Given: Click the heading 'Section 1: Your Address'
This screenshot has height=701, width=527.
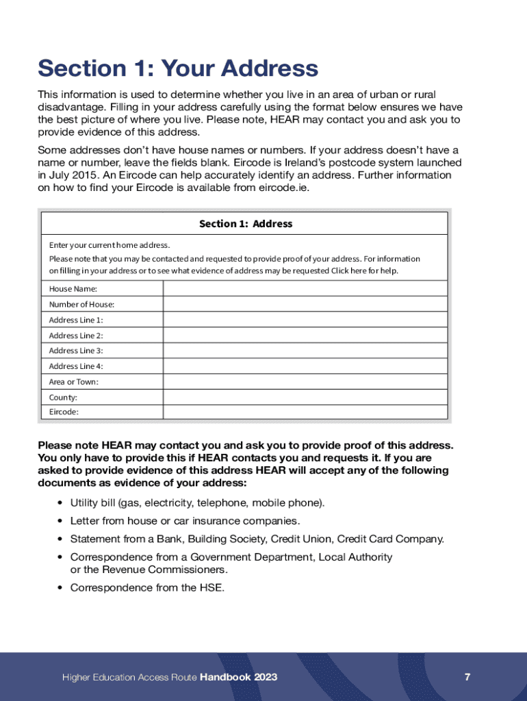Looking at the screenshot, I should (178, 68).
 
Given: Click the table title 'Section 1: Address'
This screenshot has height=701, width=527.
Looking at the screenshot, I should (245, 224).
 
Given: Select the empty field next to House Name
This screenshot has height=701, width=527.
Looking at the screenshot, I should (305, 288).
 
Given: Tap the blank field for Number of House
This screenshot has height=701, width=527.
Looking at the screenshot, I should (305, 304).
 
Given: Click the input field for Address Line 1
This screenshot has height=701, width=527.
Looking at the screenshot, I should (305, 320).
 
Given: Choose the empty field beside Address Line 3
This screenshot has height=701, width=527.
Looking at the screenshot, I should (305, 350).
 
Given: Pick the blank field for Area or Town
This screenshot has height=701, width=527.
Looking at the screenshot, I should (305, 381).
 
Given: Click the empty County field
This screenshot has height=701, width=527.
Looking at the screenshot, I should (305, 397).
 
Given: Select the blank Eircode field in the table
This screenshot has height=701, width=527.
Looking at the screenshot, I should (305, 412).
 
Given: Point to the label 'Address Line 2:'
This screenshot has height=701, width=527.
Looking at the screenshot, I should (76, 335).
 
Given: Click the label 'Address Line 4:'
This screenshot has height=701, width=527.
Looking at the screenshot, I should (76, 366).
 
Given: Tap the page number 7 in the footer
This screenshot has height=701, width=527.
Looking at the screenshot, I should (467, 677).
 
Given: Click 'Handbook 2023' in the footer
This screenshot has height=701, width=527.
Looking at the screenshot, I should (239, 677).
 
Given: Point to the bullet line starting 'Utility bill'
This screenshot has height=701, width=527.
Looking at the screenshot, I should (198, 503).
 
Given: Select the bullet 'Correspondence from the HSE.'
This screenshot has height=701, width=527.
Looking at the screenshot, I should (147, 587).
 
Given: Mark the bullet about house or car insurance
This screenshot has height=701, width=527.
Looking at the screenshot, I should (185, 521).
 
